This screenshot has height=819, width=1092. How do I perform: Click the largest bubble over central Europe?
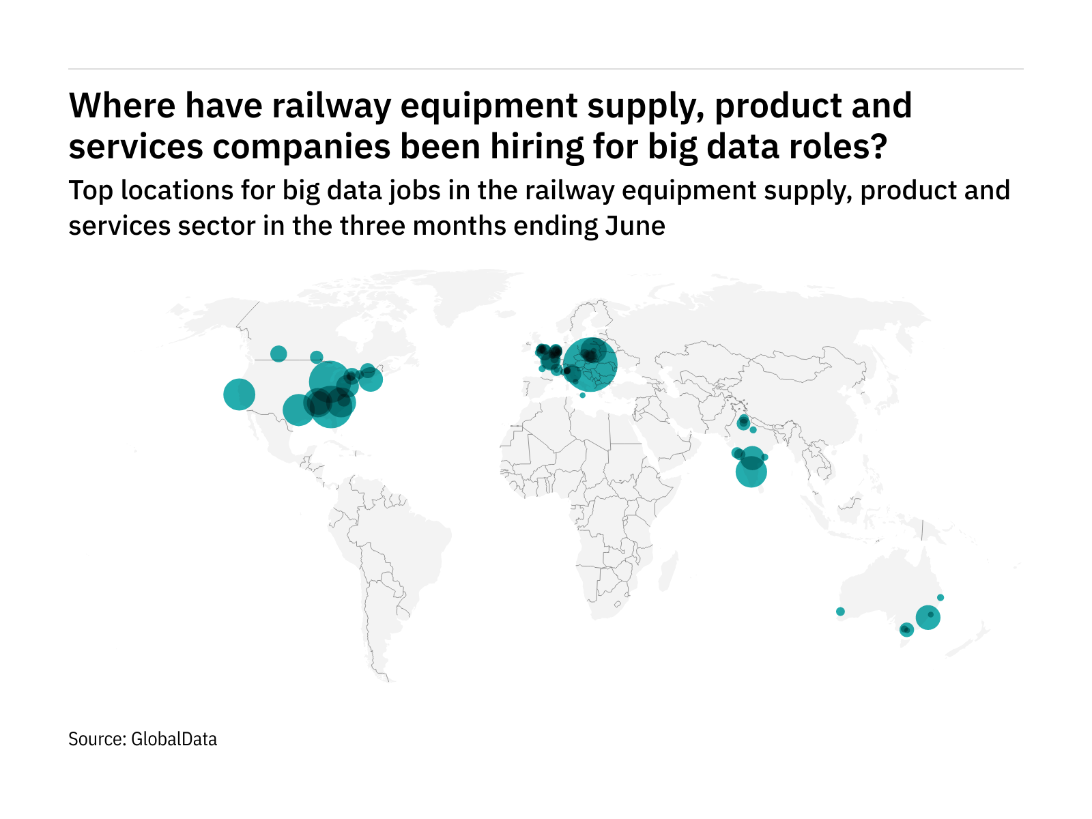pos(590,365)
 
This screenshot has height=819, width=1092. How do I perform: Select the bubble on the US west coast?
pos(239,394)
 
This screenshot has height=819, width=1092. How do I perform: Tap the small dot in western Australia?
pos(840,612)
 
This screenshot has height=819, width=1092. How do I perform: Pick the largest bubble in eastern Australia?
pos(928,618)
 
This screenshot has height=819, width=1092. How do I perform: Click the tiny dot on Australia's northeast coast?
pos(940,598)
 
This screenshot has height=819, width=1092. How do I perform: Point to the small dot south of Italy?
pos(582,395)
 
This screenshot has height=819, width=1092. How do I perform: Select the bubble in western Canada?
pos(278,354)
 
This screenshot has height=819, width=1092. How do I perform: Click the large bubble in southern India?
pos(751,472)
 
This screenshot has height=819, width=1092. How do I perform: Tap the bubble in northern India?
pos(743,423)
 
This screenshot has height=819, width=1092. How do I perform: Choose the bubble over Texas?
pos(298,409)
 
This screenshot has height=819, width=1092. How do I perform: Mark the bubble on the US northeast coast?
pos(370,379)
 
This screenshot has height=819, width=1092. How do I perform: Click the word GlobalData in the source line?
pos(174,739)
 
